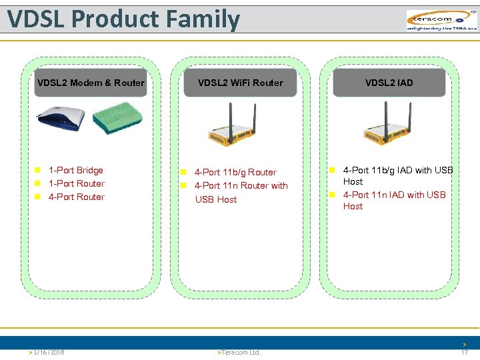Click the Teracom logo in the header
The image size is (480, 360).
(441, 20)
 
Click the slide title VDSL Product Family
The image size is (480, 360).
(123, 19)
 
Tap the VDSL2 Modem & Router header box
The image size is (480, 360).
(91, 83)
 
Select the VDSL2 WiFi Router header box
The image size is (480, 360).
(240, 83)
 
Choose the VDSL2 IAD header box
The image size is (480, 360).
(389, 83)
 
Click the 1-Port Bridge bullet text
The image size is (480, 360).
(76, 170)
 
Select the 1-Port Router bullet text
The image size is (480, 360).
(77, 183)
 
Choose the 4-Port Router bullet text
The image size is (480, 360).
(77, 197)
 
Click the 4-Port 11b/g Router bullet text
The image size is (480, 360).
(235, 172)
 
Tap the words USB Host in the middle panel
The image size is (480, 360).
(216, 199)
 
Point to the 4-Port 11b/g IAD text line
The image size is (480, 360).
(397, 170)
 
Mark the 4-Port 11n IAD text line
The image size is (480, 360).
(394, 195)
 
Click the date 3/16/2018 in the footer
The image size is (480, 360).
(48, 352)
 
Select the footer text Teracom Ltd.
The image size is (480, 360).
(241, 352)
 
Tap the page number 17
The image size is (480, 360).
(464, 352)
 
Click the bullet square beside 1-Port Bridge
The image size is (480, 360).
(39, 171)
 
